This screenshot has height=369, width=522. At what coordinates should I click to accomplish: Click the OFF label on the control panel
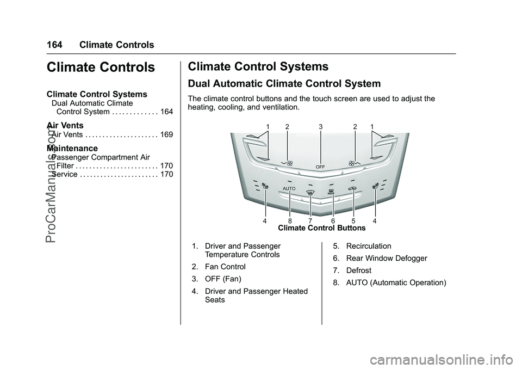coord(321,166)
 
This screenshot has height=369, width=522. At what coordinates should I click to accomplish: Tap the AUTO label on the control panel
coord(289,188)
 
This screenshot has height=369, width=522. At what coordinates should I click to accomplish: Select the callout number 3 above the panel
coord(321,126)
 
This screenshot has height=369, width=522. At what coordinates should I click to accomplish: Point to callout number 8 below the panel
coord(290,221)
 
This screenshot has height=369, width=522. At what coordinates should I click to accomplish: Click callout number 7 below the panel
coord(310,221)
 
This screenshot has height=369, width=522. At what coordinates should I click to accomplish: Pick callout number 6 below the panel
coord(333,221)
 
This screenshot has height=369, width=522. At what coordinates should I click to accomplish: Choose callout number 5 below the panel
coord(353,221)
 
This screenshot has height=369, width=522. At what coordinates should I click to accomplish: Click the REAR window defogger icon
coord(331,192)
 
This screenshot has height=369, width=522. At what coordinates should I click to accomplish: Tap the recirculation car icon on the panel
coord(353,189)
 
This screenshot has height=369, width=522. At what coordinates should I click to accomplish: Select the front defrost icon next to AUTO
coord(310,192)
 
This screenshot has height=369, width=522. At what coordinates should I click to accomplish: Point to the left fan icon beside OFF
coord(289,163)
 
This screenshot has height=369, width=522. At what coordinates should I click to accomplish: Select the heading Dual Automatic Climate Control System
coord(284,84)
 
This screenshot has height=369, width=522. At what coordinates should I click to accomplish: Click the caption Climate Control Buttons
coord(321,228)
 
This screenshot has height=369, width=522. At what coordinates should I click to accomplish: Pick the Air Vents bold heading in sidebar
coord(65,126)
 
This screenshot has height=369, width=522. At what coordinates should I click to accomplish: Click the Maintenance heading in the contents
coord(72,148)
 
